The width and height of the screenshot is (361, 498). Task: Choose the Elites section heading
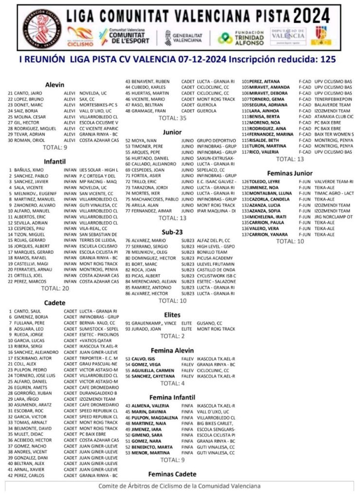(x=172, y=315)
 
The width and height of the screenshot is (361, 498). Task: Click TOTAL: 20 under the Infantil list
(x=55, y=288)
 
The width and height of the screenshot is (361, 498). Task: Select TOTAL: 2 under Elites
(x=172, y=336)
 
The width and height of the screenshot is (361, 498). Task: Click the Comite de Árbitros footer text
(x=179, y=486)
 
